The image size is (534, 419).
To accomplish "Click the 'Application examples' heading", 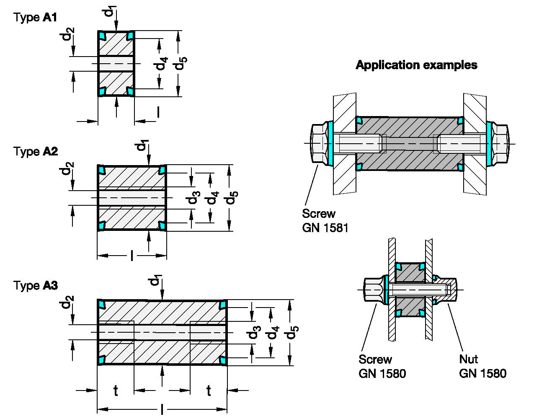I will click(416, 65).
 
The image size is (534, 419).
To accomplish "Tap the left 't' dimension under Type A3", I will click(116, 391).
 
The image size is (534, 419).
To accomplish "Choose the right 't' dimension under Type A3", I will click(209, 391).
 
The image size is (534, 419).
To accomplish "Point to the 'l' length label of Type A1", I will click(158, 112).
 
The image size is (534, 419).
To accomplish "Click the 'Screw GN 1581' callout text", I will click(325, 220).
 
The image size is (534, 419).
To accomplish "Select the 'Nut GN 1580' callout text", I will click(482, 366).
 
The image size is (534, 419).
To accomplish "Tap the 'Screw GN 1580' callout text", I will click(382, 366).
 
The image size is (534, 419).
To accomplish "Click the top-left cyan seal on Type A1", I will click(102, 36).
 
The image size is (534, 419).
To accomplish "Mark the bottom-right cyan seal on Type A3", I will click(223, 360).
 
